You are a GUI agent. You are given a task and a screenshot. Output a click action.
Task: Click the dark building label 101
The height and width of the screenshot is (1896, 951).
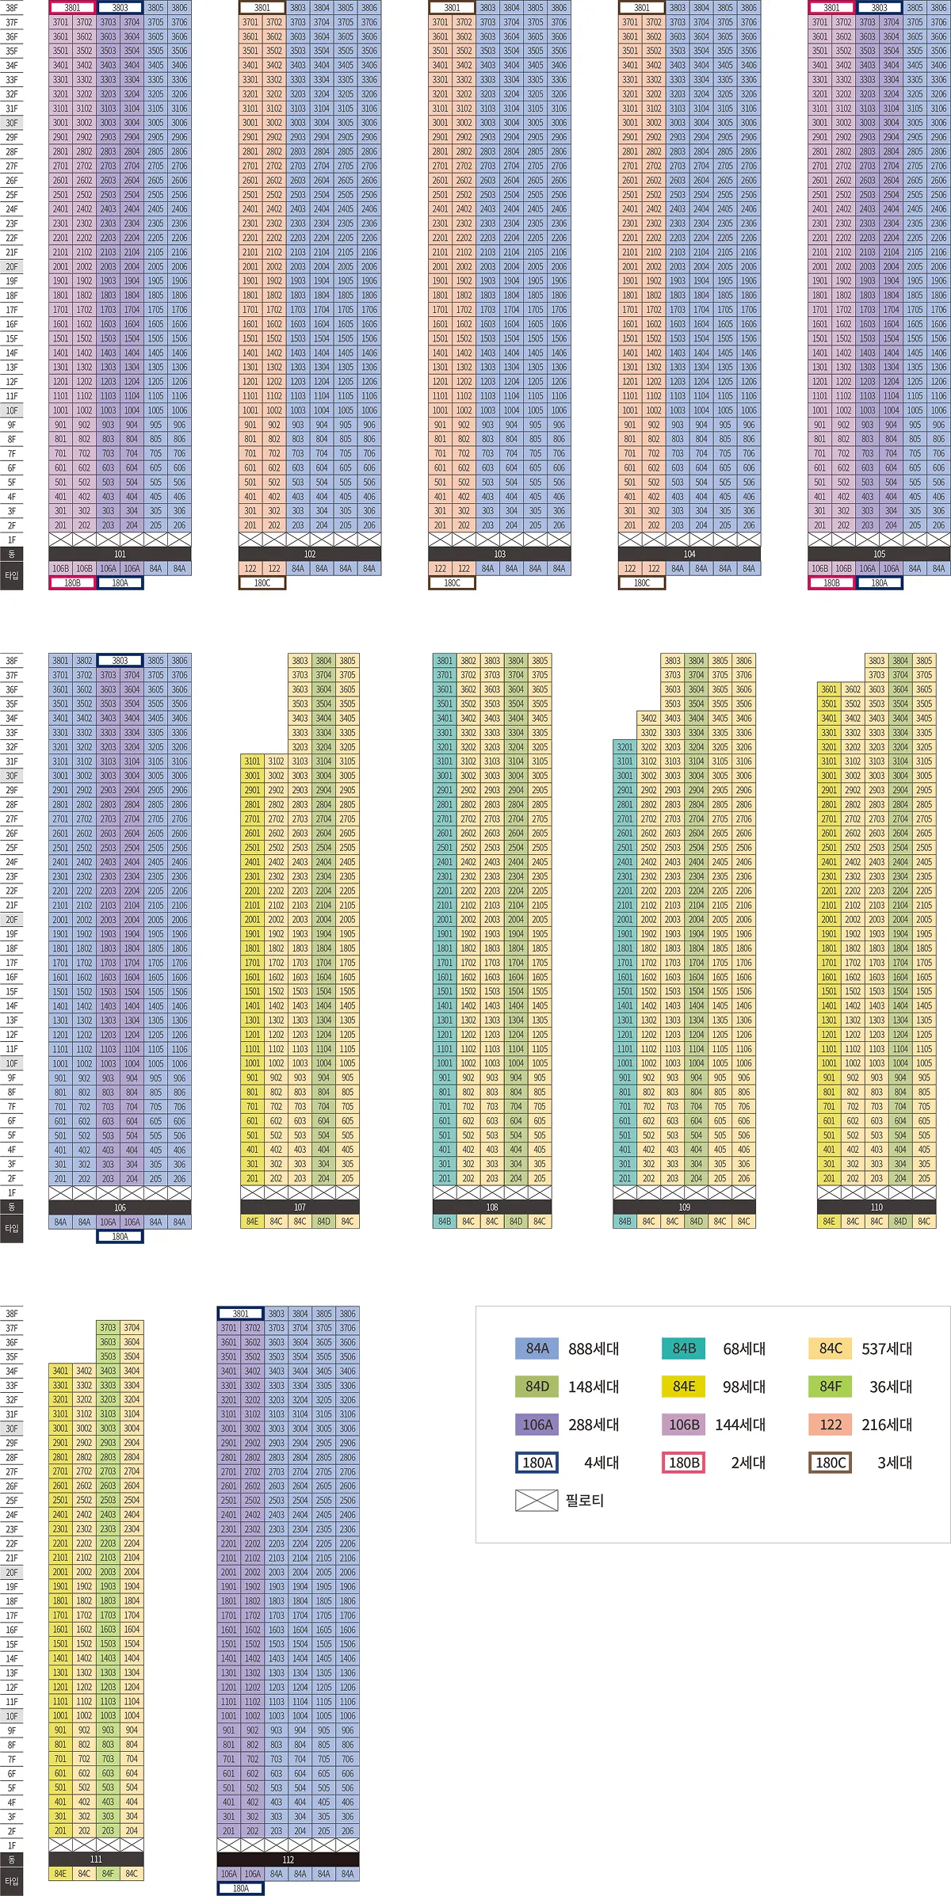(x=120, y=554)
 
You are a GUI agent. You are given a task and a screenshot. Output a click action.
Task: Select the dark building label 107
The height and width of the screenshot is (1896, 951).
(x=300, y=1207)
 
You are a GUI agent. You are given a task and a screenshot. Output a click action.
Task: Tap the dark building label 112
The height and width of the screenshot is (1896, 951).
(x=288, y=1860)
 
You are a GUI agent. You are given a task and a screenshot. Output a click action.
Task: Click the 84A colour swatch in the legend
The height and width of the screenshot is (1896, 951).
(x=537, y=1349)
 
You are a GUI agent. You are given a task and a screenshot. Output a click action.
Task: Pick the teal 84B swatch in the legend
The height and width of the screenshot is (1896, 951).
(x=684, y=1349)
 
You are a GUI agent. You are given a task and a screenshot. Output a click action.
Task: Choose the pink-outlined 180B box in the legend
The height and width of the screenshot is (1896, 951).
(x=684, y=1463)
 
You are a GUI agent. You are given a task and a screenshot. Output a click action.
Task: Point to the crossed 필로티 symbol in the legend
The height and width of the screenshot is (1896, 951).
(x=537, y=1501)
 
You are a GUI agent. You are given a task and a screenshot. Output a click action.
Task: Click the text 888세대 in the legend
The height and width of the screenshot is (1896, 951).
(x=594, y=1349)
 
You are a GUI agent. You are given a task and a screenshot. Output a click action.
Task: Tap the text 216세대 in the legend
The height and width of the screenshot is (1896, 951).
(x=887, y=1425)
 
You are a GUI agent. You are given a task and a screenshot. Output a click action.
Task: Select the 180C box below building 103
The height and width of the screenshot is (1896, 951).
(x=452, y=583)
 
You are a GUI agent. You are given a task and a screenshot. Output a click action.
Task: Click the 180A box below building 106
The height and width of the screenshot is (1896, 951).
(x=120, y=1236)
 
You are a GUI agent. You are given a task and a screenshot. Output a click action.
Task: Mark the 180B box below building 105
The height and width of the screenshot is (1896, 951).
(x=831, y=583)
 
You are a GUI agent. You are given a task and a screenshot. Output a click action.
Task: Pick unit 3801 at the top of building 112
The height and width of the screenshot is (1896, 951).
(x=240, y=1314)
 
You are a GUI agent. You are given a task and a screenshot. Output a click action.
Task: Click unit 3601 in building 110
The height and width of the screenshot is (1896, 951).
(x=829, y=689)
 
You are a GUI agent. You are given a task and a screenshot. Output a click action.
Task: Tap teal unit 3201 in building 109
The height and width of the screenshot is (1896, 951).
(x=625, y=747)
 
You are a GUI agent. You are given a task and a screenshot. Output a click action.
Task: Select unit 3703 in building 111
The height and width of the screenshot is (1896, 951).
(x=108, y=1328)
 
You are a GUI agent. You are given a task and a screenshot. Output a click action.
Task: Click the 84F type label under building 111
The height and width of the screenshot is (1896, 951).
(x=108, y=1874)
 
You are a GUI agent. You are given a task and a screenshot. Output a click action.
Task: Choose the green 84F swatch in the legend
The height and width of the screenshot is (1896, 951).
(x=831, y=1387)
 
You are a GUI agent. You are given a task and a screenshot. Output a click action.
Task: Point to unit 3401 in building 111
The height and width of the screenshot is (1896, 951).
(x=60, y=1371)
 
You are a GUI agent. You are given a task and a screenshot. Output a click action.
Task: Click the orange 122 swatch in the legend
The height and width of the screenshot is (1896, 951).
(x=831, y=1425)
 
